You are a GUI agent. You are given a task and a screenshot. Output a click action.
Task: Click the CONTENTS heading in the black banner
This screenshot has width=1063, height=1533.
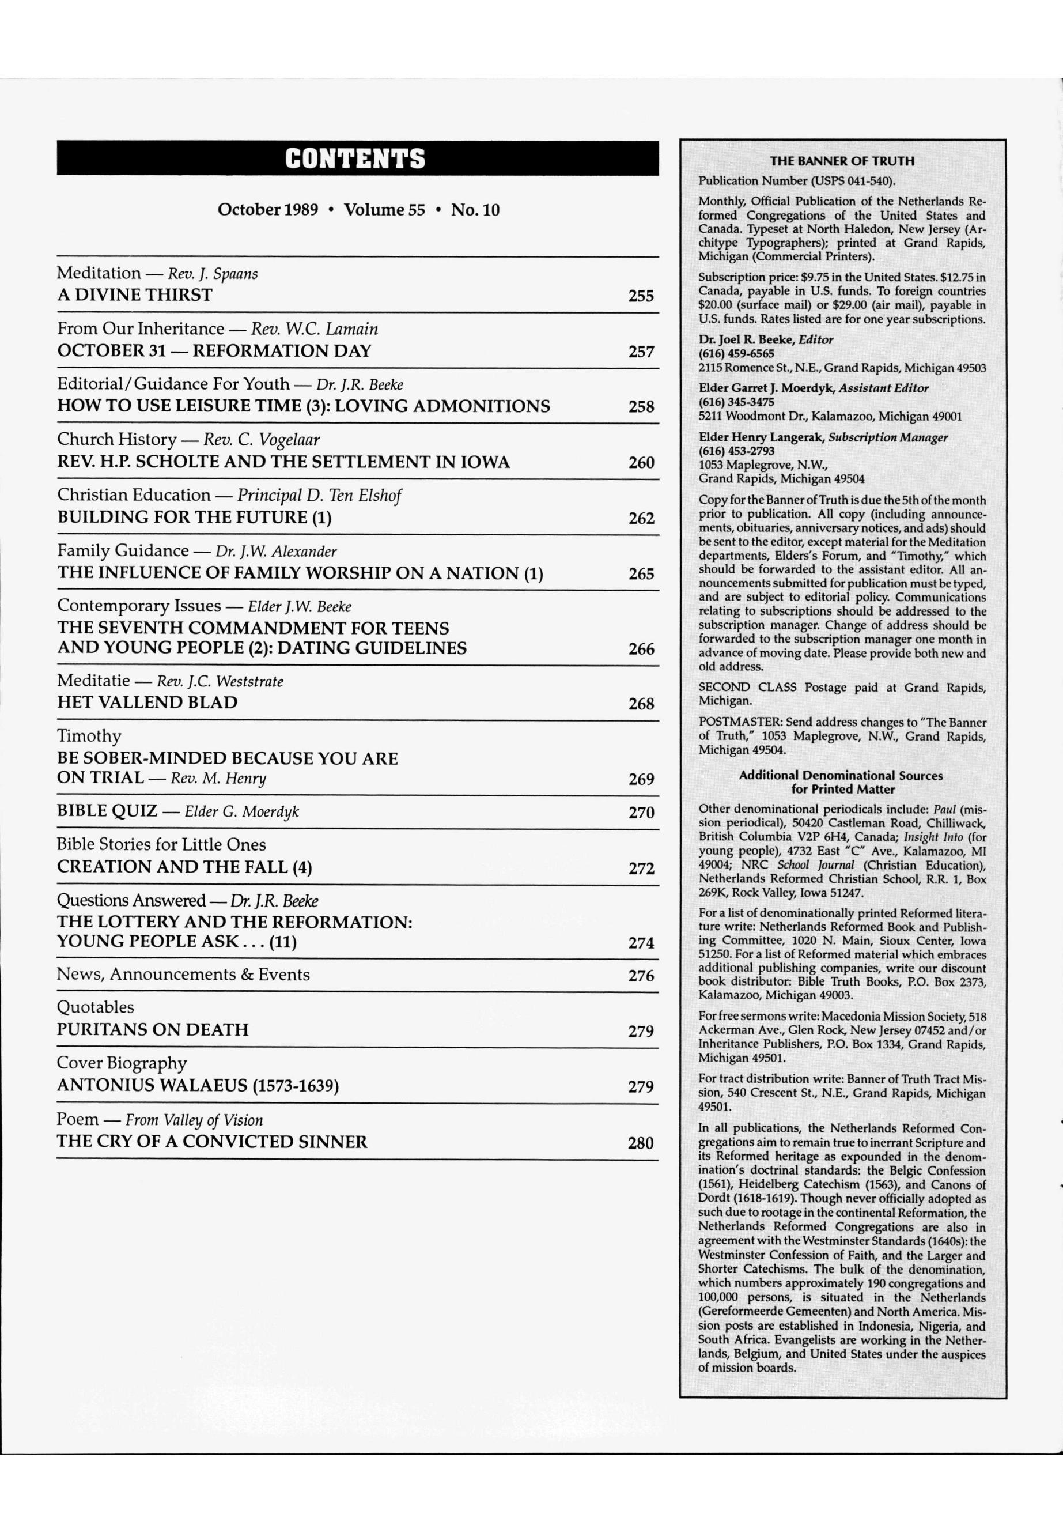(x=355, y=158)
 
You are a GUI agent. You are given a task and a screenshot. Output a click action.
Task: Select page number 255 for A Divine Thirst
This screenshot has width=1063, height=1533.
(x=641, y=296)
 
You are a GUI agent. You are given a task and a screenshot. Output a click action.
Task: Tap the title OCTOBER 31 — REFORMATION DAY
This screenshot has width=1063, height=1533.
(x=214, y=351)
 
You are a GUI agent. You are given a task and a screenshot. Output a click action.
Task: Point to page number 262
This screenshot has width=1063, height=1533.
(x=641, y=518)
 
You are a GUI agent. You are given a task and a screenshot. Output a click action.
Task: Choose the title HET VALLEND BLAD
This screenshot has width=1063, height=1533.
(x=147, y=703)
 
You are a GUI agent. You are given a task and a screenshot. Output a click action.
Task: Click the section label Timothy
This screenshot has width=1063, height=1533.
(x=89, y=736)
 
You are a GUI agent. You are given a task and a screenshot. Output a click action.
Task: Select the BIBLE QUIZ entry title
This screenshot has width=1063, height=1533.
(x=107, y=811)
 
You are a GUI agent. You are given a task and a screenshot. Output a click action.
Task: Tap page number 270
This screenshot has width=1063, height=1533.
(x=641, y=812)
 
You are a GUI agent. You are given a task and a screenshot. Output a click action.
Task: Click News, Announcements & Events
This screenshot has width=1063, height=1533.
(x=183, y=975)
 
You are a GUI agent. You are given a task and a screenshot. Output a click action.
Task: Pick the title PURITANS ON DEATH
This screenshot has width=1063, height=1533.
(x=153, y=1030)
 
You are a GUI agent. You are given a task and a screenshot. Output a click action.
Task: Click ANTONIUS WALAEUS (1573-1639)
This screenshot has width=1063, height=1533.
(x=198, y=1086)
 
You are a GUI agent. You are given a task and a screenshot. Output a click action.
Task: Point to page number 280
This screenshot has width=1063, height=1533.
(x=640, y=1143)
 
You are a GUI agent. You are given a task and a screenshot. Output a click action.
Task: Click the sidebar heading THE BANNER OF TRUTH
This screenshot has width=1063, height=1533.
(x=842, y=161)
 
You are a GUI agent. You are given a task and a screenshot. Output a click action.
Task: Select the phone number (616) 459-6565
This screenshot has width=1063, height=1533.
(x=736, y=354)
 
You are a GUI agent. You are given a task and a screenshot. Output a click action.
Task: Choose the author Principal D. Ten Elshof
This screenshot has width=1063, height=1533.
(x=319, y=496)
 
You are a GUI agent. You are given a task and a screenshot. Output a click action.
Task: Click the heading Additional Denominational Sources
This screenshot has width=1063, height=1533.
(x=841, y=776)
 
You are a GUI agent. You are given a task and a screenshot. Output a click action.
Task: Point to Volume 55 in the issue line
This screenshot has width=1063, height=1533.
(x=384, y=210)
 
